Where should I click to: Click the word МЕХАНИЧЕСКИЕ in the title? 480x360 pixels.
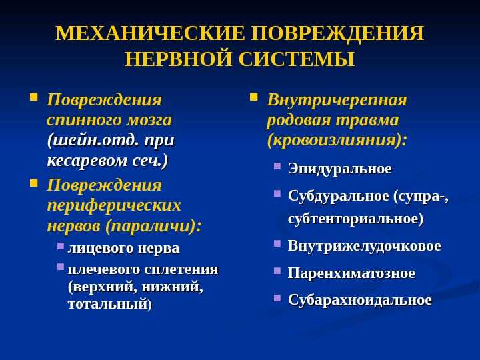click(150, 33)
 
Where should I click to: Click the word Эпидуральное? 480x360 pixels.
click(340, 169)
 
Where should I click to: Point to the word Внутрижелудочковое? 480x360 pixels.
click(365, 246)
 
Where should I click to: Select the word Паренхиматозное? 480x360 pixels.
click(351, 273)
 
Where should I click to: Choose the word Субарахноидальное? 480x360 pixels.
click(360, 300)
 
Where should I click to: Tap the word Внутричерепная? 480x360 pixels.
click(337, 100)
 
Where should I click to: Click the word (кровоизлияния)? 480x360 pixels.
click(337, 141)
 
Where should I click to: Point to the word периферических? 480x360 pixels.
click(114, 205)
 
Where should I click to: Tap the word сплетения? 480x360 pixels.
click(181, 270)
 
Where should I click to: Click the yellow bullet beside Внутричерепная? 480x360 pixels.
click(253, 97)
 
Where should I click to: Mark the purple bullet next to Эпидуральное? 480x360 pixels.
click(277, 166)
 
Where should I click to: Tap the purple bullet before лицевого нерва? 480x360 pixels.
click(61, 246)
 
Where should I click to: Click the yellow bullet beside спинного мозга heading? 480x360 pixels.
click(34, 97)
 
